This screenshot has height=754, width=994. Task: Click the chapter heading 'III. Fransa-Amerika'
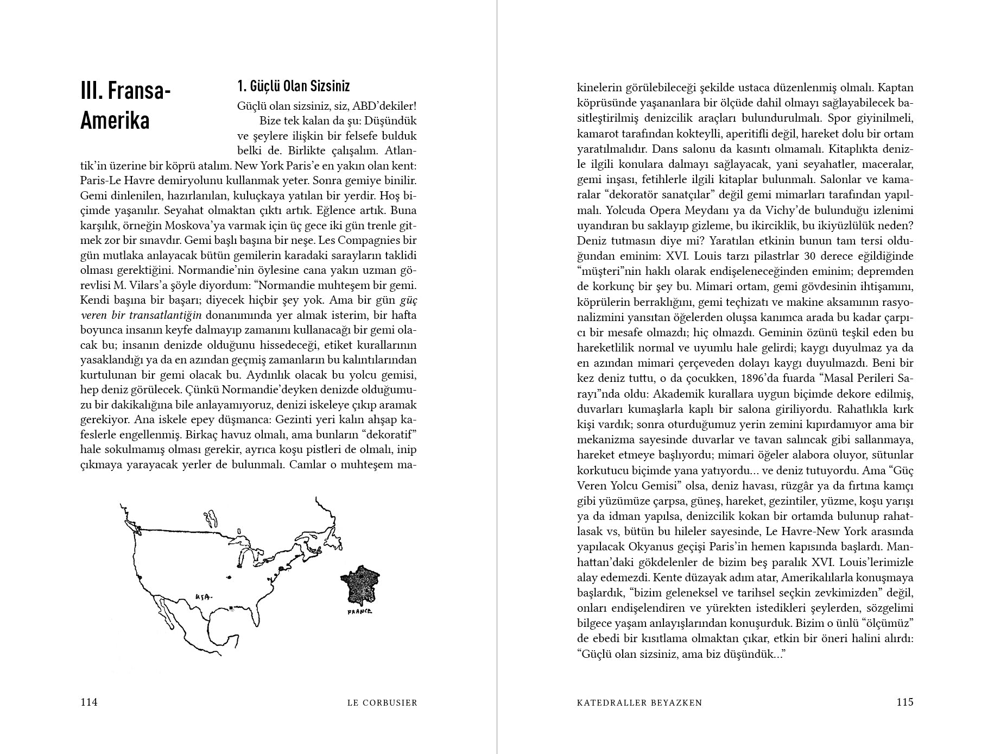click(x=125, y=105)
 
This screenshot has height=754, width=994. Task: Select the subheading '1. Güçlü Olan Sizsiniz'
click(x=294, y=86)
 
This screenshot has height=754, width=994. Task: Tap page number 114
click(x=89, y=702)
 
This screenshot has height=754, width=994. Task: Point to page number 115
click(x=905, y=702)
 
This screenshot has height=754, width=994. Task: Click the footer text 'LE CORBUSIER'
click(x=382, y=702)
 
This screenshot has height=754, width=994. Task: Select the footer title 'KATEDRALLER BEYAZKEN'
click(x=640, y=702)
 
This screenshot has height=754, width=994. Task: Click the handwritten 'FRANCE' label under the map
click(x=360, y=612)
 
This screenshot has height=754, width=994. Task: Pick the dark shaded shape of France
click(x=359, y=585)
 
